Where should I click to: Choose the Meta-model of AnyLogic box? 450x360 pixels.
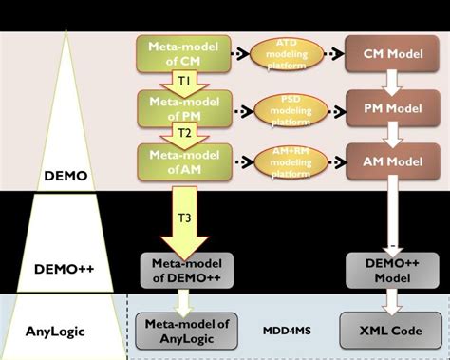point(186,331)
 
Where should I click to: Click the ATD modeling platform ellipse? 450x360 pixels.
point(286,53)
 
